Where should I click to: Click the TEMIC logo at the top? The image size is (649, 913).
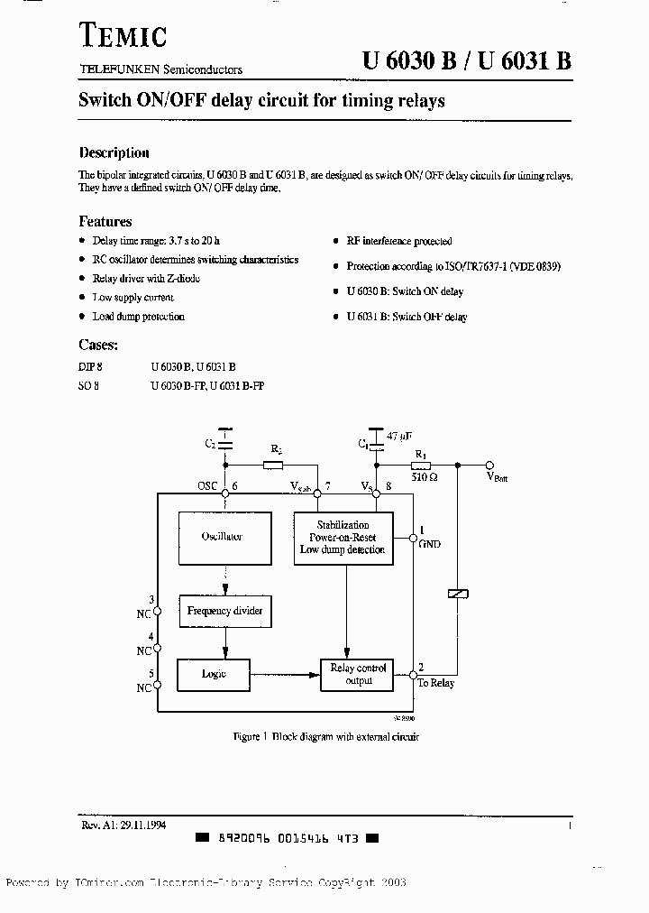[122, 36]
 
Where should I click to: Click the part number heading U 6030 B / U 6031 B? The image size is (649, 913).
[466, 61]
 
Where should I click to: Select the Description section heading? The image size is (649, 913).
[114, 153]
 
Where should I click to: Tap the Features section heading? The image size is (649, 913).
[105, 221]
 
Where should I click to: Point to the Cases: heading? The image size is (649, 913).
[98, 344]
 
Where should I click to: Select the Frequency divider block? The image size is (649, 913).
[224, 611]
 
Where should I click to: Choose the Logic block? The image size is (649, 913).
[214, 674]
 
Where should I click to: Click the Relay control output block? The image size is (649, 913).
[359, 674]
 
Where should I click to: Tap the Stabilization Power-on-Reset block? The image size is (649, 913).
[343, 537]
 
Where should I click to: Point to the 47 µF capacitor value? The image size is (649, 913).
[398, 436]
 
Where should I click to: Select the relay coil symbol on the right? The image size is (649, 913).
[457, 593]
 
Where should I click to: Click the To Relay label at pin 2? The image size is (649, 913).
[436, 683]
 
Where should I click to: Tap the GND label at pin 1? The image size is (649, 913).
[429, 544]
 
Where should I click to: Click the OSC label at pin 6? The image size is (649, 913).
[208, 486]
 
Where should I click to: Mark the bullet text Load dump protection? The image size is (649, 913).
[138, 317]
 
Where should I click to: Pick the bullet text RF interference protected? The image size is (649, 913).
[399, 242]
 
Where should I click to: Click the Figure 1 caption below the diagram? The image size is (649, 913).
[325, 737]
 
